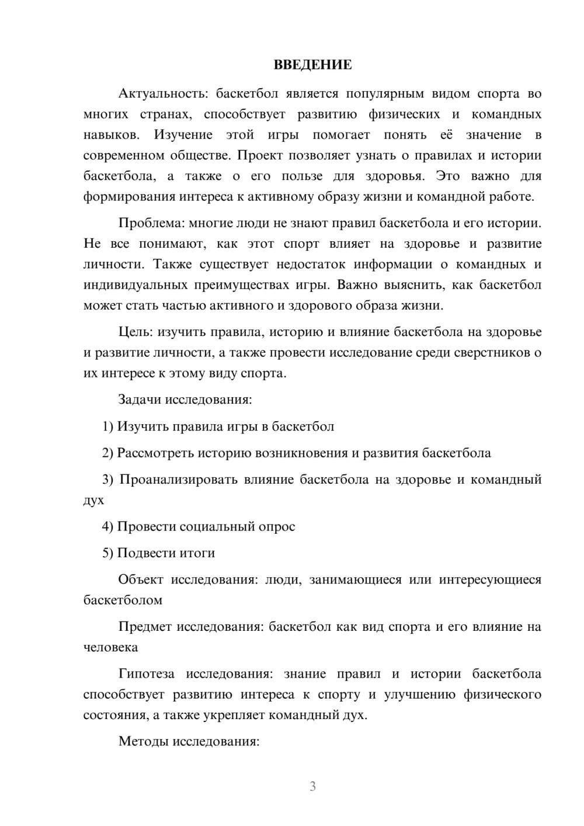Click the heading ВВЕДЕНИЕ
click(x=312, y=65)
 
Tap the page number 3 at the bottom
click(x=312, y=786)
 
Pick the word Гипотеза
click(x=146, y=674)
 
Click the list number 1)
click(x=108, y=426)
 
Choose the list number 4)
click(x=108, y=526)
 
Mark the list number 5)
click(x=108, y=553)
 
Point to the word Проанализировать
click(x=179, y=480)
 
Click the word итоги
click(x=197, y=553)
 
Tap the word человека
click(x=111, y=647)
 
